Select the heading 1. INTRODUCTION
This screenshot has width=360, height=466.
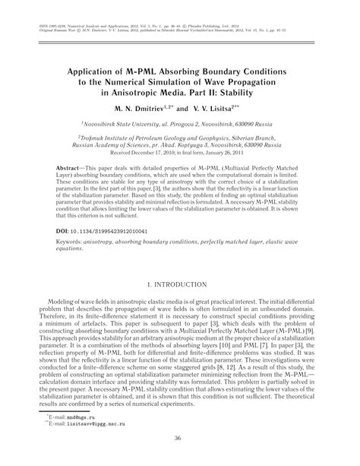tap(180, 284)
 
